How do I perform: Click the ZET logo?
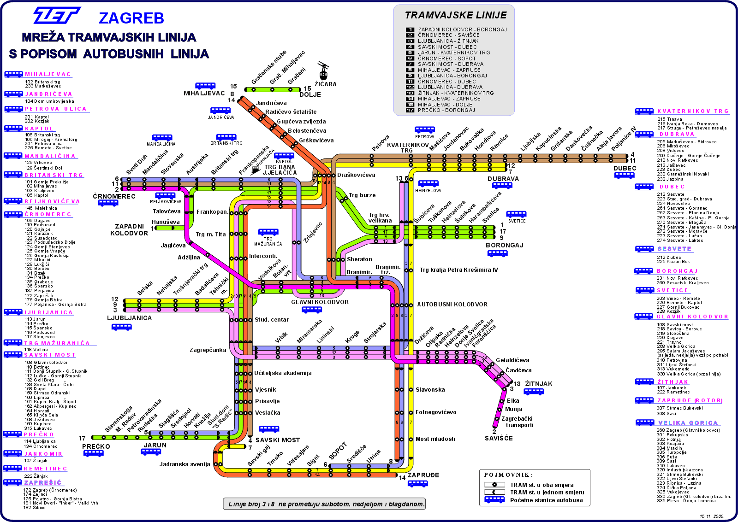[57, 15]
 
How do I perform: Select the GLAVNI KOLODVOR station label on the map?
[320, 302]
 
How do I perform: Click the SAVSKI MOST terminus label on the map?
[278, 440]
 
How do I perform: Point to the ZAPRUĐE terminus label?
[423, 475]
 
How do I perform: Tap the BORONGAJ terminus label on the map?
[504, 245]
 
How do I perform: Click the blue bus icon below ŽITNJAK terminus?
[534, 392]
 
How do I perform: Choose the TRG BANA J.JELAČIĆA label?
[280, 170]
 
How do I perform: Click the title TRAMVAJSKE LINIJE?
[456, 15]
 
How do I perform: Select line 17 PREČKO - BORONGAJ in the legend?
[446, 110]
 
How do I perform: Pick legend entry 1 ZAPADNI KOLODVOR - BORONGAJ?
[462, 29]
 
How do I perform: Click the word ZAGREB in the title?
[131, 18]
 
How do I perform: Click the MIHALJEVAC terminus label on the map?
[204, 93]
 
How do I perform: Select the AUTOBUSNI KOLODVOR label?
[452, 305]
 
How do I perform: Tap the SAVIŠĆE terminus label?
[499, 438]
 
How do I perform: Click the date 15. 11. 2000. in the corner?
[712, 516]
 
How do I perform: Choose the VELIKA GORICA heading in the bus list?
[688, 423]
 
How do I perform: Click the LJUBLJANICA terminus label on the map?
[129, 318]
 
